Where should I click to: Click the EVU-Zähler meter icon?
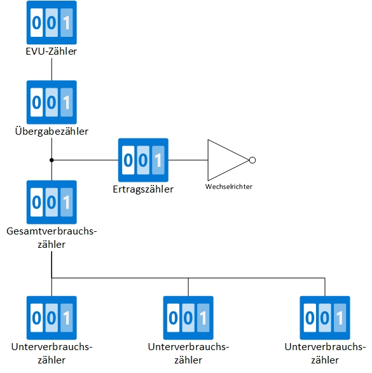51,23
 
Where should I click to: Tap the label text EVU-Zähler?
51,51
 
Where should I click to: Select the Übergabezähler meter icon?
51,102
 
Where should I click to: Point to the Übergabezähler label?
51,132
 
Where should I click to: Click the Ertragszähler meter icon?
143,160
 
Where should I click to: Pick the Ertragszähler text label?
143,189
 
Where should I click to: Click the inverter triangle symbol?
226,160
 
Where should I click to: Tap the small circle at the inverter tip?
252,160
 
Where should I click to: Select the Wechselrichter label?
230,187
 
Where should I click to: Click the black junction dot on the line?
51,160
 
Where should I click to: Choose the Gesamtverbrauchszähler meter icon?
51,202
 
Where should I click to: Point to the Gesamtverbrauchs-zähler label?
51,238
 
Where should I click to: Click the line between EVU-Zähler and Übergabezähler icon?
51,70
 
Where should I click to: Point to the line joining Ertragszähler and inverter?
188,160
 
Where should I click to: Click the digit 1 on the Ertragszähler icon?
157,160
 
